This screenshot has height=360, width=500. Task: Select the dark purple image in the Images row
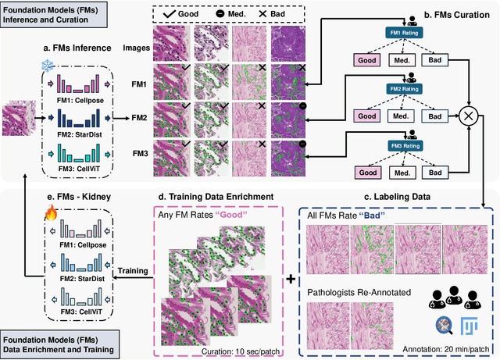click(291, 43)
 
